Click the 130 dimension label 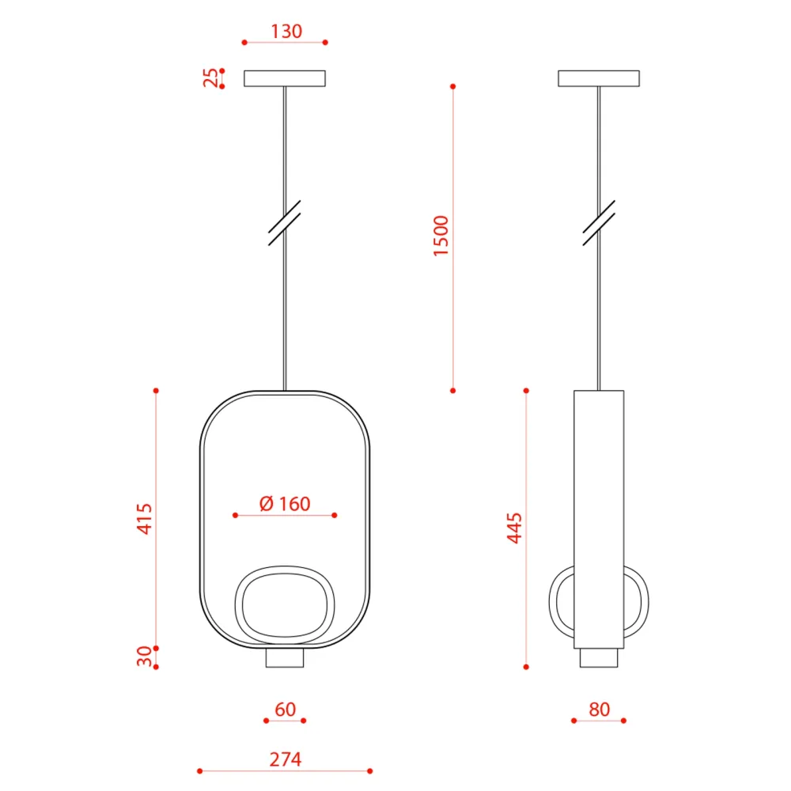[286, 32]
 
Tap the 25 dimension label [211, 78]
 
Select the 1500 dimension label [441, 236]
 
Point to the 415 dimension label [144, 518]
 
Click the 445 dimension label [514, 528]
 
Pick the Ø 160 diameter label [285, 503]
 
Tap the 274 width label [286, 759]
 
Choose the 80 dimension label [600, 710]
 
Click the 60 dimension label [285, 710]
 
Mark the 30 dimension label [144, 656]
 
